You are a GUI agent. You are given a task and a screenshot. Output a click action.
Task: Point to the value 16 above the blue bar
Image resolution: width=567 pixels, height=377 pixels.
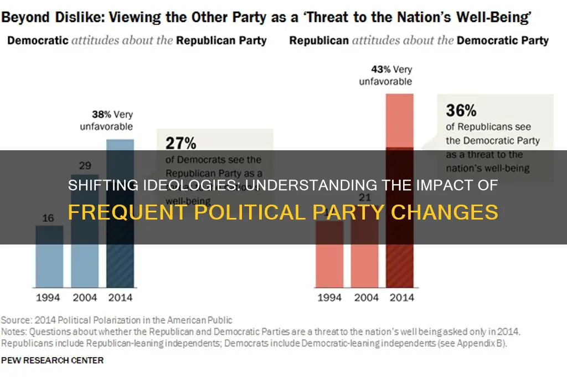click(49, 217)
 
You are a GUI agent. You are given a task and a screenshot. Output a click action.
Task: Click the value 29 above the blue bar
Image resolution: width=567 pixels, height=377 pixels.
click(84, 165)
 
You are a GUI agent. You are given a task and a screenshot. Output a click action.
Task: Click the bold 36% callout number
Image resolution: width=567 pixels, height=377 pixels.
click(461, 110)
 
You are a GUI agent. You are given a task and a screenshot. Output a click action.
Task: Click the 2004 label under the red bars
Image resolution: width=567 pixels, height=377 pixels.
click(366, 298)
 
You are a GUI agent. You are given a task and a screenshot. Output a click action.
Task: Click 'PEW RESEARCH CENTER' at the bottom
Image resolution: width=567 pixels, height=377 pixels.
click(52, 360)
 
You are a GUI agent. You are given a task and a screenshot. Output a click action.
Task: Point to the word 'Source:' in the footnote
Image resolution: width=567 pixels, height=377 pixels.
click(16, 320)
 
